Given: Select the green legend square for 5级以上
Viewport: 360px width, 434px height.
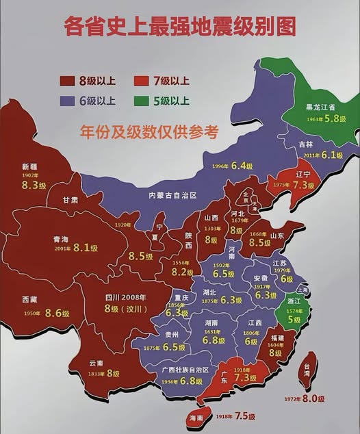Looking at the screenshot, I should [144, 101].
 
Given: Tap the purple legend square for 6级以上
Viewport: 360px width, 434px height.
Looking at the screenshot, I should [68, 101].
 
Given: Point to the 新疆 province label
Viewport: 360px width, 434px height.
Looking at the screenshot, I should [29, 167].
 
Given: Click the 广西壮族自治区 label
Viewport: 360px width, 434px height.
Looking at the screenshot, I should [185, 370].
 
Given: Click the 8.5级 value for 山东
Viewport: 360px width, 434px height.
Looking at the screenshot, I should [260, 242].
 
